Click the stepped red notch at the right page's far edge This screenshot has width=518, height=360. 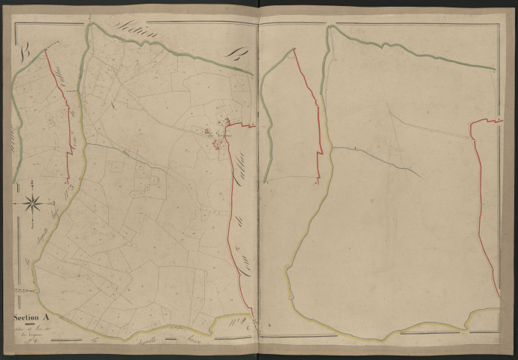click(x=485, y=124)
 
